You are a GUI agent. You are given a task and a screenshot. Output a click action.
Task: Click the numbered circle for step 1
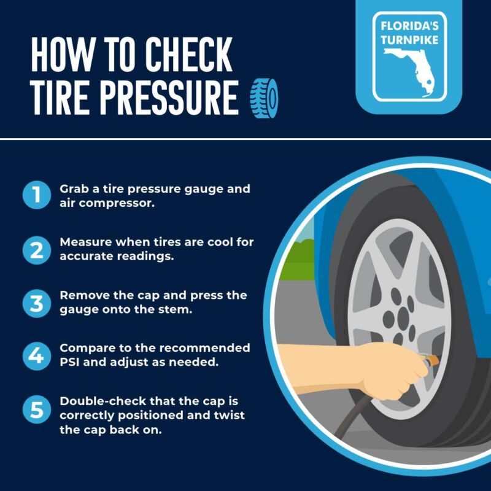click(37, 195)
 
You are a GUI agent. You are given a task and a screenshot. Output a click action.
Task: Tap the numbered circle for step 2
click(37, 250)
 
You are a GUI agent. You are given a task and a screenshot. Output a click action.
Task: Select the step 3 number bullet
click(37, 303)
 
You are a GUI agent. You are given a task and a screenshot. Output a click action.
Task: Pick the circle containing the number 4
click(37, 356)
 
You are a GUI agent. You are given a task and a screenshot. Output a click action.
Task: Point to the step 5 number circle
click(37, 409)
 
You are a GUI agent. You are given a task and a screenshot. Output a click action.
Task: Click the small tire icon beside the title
click(264, 98)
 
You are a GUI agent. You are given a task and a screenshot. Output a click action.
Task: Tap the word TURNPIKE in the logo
click(409, 40)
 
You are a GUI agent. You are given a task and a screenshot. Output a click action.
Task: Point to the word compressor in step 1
click(117, 204)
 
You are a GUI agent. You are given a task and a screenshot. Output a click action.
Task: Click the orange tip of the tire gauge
click(433, 360)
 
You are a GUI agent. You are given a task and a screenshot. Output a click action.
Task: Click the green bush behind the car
click(297, 260)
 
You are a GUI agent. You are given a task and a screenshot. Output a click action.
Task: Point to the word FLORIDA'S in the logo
click(409, 26)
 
